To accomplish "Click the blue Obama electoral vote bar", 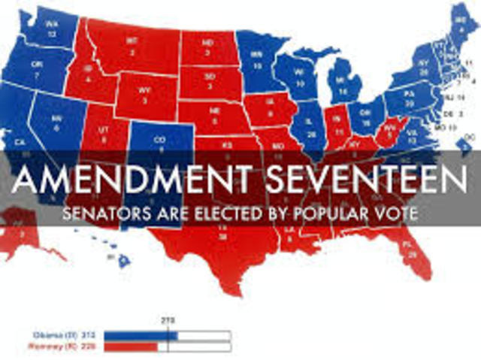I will tap(140, 335).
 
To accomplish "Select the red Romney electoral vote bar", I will tap(130, 347).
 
